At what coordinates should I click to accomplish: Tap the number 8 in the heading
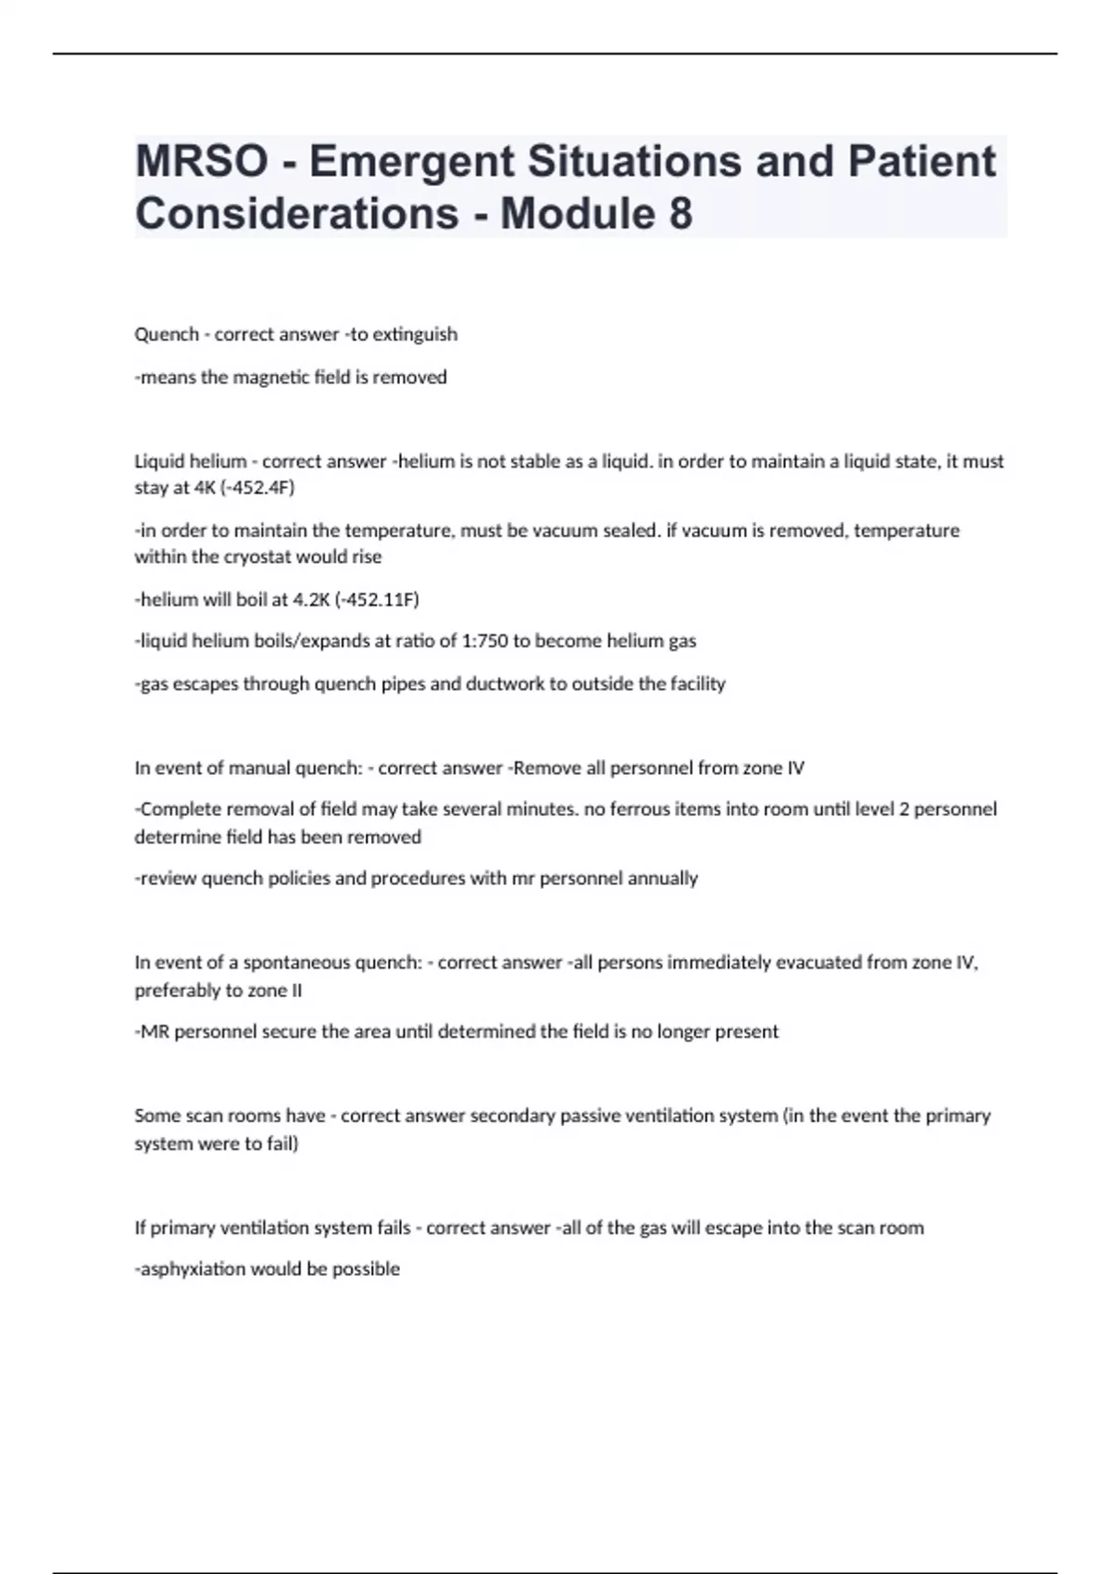(680, 214)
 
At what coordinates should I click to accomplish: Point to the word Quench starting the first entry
(167, 334)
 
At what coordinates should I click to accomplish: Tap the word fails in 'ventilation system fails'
(393, 1228)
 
